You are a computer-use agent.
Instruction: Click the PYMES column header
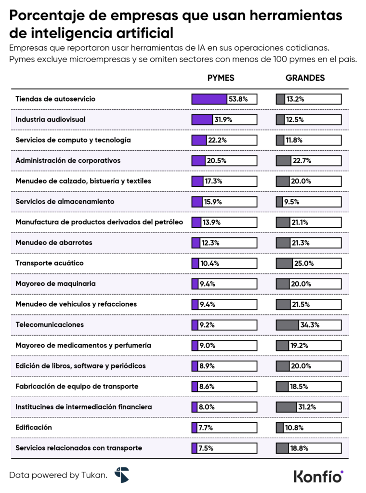[221, 78]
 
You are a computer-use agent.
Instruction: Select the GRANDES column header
[305, 78]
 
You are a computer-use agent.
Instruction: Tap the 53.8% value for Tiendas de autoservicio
[238, 99]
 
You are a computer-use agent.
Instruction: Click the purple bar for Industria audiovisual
[202, 120]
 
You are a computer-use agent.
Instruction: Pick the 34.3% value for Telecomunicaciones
[310, 325]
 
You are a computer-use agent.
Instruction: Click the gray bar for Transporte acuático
[284, 263]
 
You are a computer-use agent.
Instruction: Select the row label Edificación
[34, 427]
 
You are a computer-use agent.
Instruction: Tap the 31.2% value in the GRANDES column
[306, 407]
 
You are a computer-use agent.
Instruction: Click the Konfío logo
[318, 476]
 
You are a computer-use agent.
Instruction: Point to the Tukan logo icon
[121, 475]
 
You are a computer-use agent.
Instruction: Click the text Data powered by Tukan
[58, 475]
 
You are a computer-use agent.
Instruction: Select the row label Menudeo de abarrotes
[54, 242]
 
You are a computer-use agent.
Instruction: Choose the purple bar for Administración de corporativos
[198, 161]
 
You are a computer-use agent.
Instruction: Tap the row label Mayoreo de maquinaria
[55, 284]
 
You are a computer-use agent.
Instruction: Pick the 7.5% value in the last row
[206, 448]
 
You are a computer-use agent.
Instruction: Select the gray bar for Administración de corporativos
[283, 161]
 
